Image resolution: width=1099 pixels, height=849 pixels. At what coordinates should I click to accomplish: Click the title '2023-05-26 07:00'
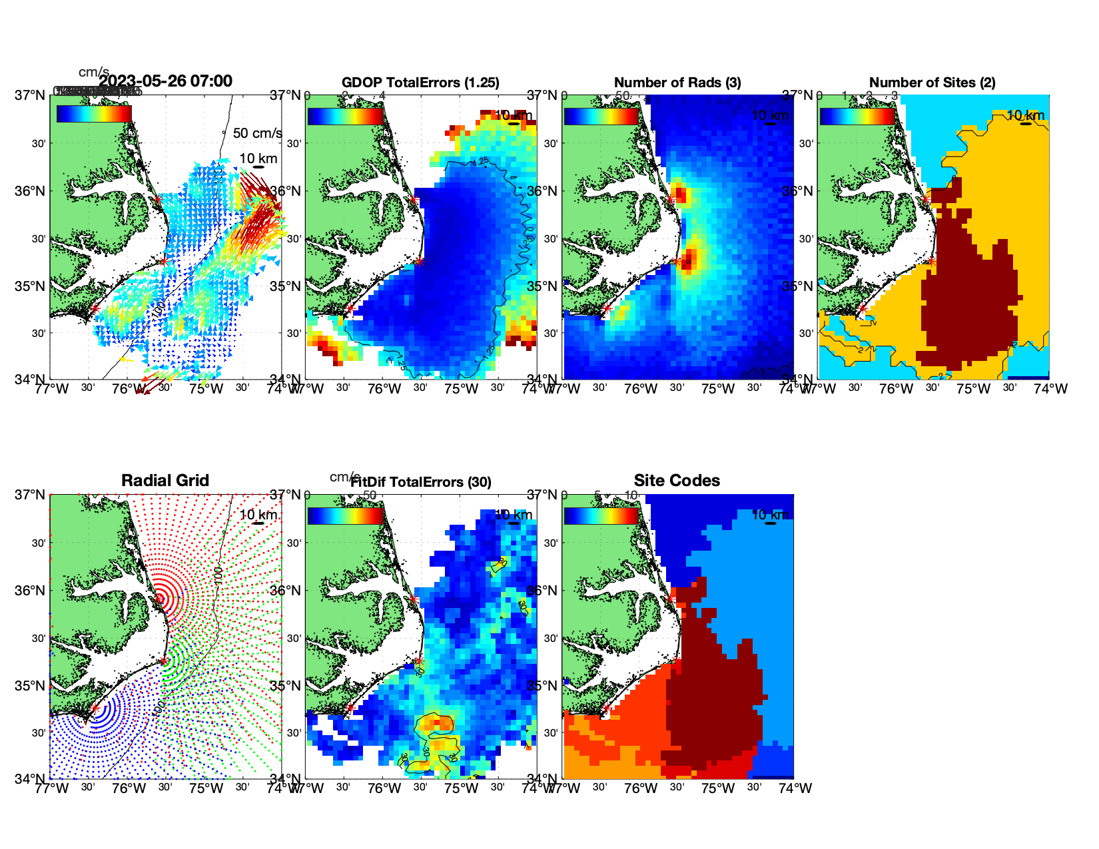(x=165, y=81)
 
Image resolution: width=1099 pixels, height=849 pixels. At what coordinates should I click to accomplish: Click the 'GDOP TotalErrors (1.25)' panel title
(x=420, y=83)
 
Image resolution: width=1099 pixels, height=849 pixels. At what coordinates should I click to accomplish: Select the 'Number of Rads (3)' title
(x=677, y=83)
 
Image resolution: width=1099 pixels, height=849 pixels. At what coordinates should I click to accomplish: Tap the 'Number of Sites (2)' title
(x=932, y=83)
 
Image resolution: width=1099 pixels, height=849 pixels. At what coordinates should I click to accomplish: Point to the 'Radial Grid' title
(x=165, y=481)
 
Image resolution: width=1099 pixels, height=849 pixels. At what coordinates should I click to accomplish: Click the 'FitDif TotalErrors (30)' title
(x=422, y=482)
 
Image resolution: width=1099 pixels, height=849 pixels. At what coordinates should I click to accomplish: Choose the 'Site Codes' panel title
(x=677, y=481)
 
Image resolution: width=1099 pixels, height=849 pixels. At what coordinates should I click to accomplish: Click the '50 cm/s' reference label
(x=257, y=133)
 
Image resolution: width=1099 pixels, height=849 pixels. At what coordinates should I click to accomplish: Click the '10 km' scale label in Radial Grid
(x=258, y=515)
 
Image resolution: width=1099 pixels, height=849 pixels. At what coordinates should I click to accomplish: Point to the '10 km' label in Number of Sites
(x=1026, y=116)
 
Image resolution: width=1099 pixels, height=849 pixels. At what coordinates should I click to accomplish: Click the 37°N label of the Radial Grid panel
(x=31, y=495)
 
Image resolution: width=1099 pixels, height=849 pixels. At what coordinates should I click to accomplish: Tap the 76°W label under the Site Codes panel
(x=641, y=788)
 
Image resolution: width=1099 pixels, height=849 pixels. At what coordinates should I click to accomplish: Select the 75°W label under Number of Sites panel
(x=973, y=389)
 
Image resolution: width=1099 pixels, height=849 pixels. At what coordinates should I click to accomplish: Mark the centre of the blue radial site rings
(x=95, y=708)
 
